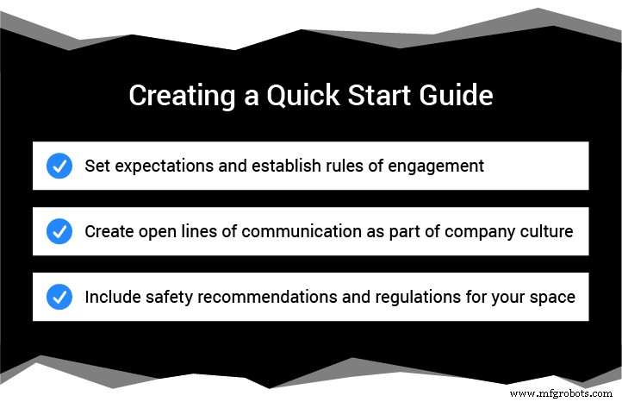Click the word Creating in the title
[172, 96]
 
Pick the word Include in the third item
[111, 297]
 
